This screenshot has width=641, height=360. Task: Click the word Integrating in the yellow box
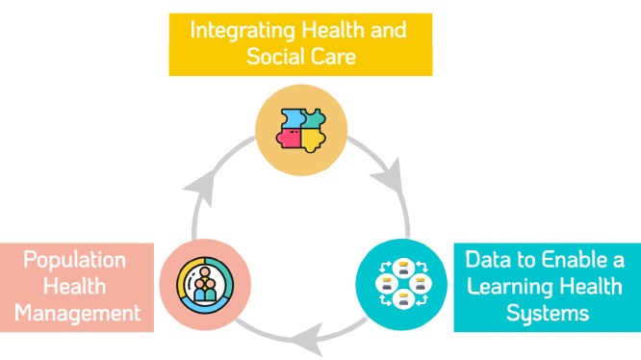click(x=238, y=30)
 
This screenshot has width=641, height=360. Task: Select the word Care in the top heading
click(x=333, y=56)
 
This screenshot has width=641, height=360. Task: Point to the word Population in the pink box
click(x=75, y=260)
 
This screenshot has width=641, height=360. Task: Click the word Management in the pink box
click(x=79, y=313)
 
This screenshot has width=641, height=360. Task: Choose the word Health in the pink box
click(x=74, y=287)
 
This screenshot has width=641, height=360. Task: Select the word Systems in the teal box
click(x=547, y=313)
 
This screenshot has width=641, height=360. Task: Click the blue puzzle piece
click(x=290, y=119)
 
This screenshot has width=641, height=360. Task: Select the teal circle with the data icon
click(x=401, y=285)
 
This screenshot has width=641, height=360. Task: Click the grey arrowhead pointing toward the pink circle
click(x=305, y=336)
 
